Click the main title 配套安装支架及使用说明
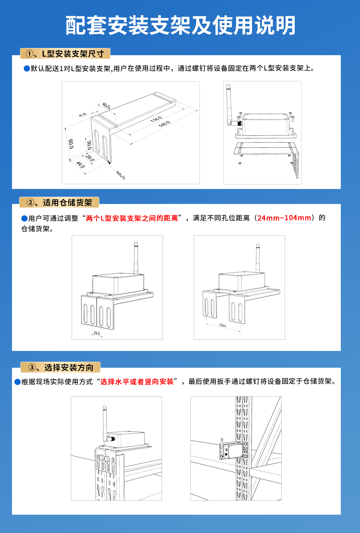pos(180,25)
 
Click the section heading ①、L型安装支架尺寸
pos(65,54)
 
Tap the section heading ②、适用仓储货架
pos(59,202)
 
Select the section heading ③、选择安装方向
pos(61,367)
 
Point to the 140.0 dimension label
pos(164,124)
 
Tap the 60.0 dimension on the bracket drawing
pos(71,144)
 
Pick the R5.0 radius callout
pos(121,175)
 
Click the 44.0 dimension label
pos(80,165)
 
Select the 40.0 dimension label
pos(106,106)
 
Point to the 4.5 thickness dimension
pos(83,115)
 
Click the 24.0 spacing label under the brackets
pos(97,333)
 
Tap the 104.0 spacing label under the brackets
pos(223,325)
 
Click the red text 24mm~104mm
pos(284,218)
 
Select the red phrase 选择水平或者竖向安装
pos(137,382)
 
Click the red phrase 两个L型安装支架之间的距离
pos(132,218)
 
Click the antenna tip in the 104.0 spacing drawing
pos(257,245)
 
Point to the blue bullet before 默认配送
pos(27,69)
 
